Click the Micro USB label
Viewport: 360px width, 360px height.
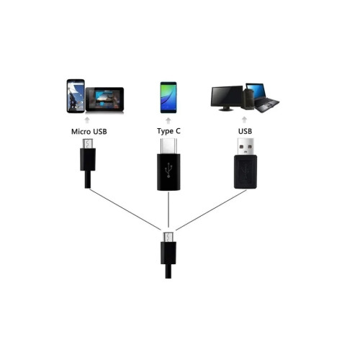tap(89, 132)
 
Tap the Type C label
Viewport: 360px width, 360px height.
tap(168, 131)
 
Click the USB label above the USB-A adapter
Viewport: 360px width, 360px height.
tap(245, 131)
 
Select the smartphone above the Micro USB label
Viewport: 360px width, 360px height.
tap(76, 96)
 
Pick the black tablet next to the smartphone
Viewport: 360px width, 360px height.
tap(104, 99)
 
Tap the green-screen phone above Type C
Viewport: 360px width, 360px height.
tap(168, 97)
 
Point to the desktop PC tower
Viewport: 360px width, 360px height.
tap(248, 100)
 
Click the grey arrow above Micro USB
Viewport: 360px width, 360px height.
tap(87, 120)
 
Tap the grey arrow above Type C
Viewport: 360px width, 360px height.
tap(168, 120)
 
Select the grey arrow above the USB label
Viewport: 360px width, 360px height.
tap(244, 120)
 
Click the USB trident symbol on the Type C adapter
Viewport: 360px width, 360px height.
tap(168, 171)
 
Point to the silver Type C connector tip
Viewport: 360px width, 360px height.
tap(168, 146)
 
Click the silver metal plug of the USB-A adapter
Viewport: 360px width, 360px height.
tap(246, 147)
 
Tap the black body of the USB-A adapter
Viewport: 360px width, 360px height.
tap(246, 171)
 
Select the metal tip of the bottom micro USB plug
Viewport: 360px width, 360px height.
tap(168, 237)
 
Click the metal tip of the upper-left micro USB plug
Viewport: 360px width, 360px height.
tap(88, 144)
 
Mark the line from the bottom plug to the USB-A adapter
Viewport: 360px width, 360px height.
tap(211, 210)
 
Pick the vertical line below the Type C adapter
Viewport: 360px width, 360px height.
tap(168, 210)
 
